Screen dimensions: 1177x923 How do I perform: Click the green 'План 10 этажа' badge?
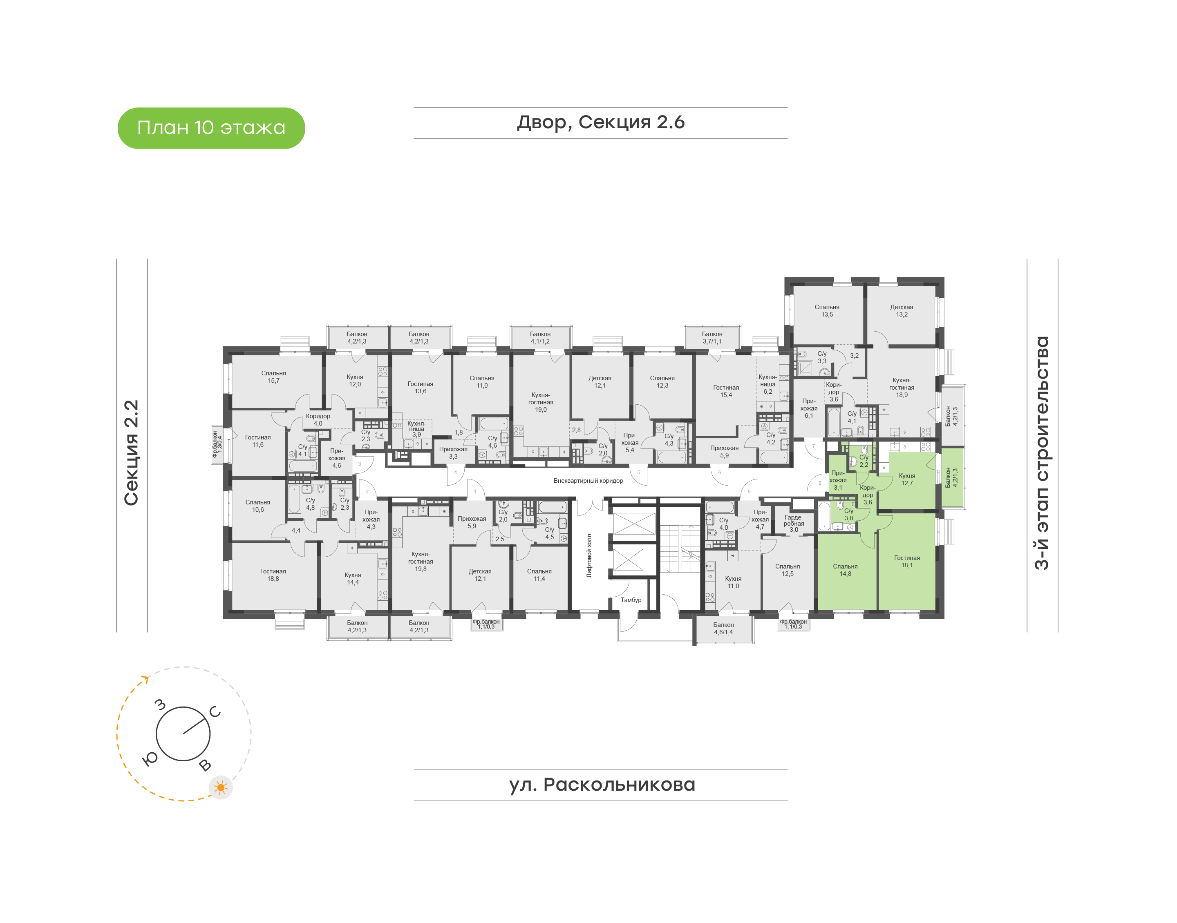pyautogui.click(x=211, y=128)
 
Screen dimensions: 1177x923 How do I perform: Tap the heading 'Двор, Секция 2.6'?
pyautogui.click(x=601, y=123)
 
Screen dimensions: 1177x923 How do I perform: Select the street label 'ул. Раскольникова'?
pyautogui.click(x=602, y=785)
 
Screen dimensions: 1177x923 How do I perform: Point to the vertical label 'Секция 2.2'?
pyautogui.click(x=131, y=453)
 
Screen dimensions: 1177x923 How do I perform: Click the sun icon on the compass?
pyautogui.click(x=221, y=787)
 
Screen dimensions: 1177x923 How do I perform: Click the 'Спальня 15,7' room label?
pyautogui.click(x=273, y=377)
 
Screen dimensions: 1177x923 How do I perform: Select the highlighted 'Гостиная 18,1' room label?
pyautogui.click(x=907, y=562)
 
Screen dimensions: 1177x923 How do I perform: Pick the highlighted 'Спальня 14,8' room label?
pyautogui.click(x=845, y=570)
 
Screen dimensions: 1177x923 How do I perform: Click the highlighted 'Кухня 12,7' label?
pyautogui.click(x=907, y=479)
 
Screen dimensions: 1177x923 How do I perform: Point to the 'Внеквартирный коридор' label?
pyautogui.click(x=588, y=480)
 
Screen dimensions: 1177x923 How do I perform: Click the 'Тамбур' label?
pyautogui.click(x=631, y=600)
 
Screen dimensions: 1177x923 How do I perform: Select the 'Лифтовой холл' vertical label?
pyautogui.click(x=589, y=555)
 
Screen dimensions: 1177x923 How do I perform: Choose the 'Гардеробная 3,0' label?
pyautogui.click(x=794, y=524)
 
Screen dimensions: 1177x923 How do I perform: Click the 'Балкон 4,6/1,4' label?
pyautogui.click(x=723, y=629)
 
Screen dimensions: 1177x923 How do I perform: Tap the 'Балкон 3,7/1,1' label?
pyautogui.click(x=712, y=338)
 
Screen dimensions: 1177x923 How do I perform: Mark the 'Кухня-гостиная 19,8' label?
pyautogui.click(x=421, y=562)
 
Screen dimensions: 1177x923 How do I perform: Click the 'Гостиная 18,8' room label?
pyautogui.click(x=273, y=575)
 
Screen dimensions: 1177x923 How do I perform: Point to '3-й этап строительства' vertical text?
pyautogui.click(x=1041, y=453)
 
